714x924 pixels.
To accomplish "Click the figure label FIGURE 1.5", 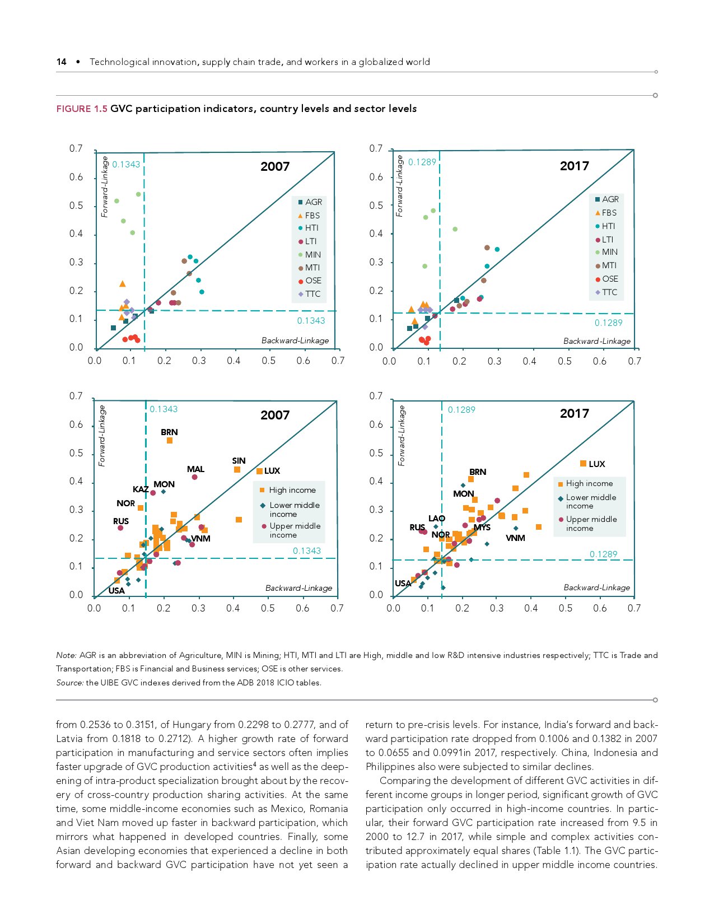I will click(x=81, y=109).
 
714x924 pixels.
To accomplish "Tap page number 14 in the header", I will click(x=62, y=62).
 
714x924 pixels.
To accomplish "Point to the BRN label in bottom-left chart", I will click(x=169, y=432).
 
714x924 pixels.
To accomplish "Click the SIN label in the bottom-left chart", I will click(x=239, y=461).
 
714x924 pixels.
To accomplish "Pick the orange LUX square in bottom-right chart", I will click(x=583, y=464).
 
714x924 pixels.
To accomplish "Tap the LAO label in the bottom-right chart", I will click(x=437, y=519).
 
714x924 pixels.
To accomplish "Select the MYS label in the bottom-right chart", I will click(x=482, y=528).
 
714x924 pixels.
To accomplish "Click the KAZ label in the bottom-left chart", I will click(x=141, y=489).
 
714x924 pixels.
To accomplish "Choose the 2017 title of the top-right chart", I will click(x=574, y=166).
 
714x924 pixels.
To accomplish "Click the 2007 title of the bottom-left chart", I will click(x=275, y=415).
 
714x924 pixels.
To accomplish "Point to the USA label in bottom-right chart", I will click(x=403, y=584).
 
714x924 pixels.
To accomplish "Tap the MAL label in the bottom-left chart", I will click(x=195, y=469).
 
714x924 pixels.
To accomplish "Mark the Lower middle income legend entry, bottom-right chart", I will click(x=590, y=501).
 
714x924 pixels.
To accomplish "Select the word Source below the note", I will click(x=69, y=683).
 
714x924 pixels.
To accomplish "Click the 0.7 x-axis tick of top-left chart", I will click(x=338, y=361).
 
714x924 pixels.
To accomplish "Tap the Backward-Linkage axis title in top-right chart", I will click(x=596, y=341).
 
